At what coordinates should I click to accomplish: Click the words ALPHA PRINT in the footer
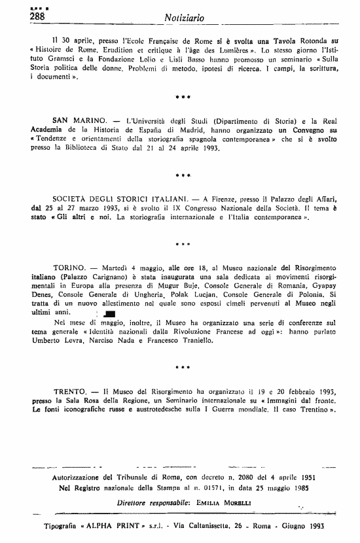(103, 527)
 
